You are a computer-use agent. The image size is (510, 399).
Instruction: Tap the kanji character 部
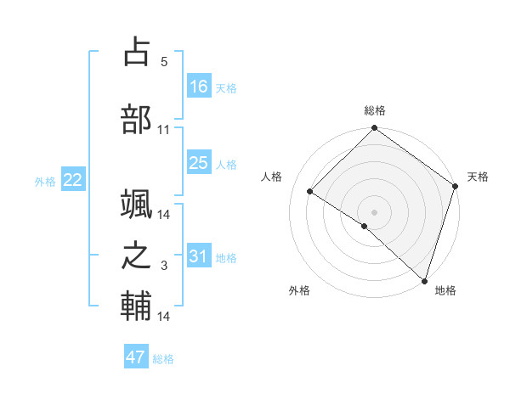pyautogui.click(x=136, y=118)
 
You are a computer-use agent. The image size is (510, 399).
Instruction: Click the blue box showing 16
pyautogui.click(x=198, y=87)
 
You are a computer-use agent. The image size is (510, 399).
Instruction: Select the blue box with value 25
pyautogui.click(x=198, y=163)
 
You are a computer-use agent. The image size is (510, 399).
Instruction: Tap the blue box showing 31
pyautogui.click(x=198, y=256)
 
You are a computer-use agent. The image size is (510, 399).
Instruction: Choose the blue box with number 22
pyautogui.click(x=73, y=180)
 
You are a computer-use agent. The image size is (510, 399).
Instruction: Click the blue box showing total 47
pyautogui.click(x=136, y=357)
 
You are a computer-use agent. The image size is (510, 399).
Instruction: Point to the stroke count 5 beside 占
pyautogui.click(x=163, y=62)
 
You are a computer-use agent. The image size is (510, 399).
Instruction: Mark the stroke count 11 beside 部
pyautogui.click(x=163, y=130)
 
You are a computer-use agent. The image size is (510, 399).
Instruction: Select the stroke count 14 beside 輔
pyautogui.click(x=163, y=317)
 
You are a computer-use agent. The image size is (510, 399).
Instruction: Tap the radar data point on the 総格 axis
pyautogui.click(x=374, y=129)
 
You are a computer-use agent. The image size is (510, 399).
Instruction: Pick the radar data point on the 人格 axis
pyautogui.click(x=310, y=191)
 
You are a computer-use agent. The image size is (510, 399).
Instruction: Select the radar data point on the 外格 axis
pyautogui.click(x=364, y=226)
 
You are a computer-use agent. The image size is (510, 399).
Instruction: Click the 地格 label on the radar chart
pyautogui.click(x=445, y=290)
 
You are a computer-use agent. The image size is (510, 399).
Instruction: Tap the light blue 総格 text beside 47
pyautogui.click(x=163, y=359)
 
